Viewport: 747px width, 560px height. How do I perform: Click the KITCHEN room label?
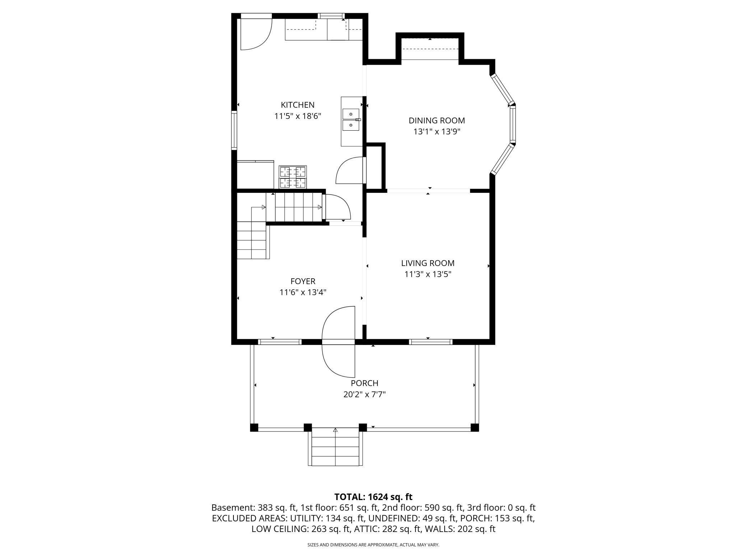tap(297, 105)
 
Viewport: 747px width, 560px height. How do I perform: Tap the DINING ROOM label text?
tap(437, 121)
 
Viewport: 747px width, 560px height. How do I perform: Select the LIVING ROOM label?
tap(428, 263)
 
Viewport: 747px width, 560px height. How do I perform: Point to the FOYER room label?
tap(303, 281)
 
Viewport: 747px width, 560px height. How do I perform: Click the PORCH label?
tap(365, 383)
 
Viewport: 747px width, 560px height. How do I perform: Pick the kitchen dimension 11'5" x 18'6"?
tap(297, 116)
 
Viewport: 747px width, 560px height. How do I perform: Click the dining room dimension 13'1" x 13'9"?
tap(437, 132)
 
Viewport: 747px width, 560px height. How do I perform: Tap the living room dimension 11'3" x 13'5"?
tap(428, 274)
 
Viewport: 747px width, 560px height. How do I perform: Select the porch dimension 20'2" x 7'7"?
tap(365, 395)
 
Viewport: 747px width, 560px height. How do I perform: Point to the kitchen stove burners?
tap(293, 177)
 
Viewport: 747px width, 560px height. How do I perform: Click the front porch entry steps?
tap(335, 447)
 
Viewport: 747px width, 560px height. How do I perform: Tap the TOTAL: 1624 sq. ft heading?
tap(373, 497)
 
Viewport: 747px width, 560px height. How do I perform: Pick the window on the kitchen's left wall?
tap(234, 130)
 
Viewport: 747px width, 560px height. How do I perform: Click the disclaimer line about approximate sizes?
tap(373, 545)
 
